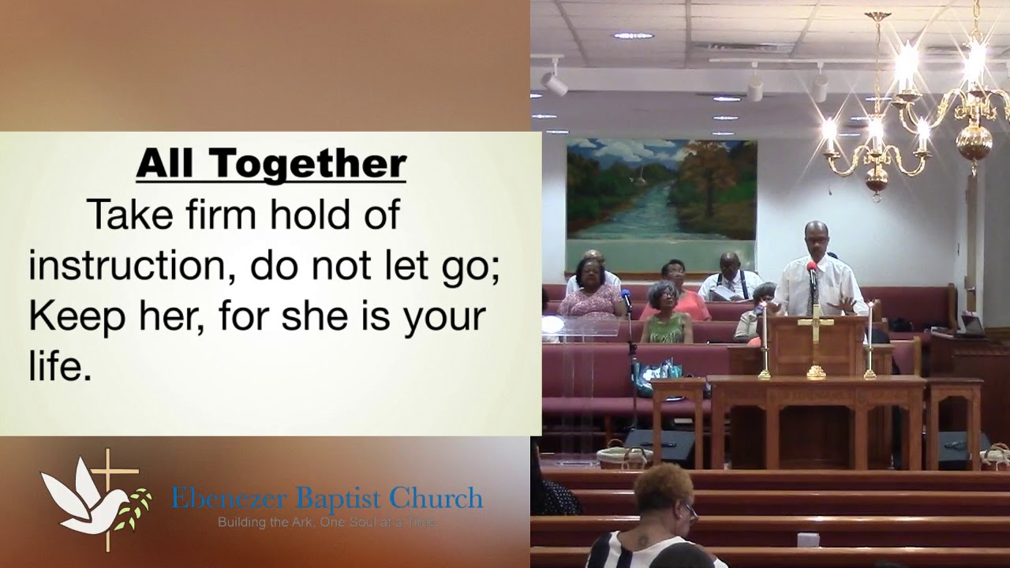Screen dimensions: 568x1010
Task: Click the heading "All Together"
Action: point(271,164)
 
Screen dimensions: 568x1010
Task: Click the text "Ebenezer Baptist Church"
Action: point(327,499)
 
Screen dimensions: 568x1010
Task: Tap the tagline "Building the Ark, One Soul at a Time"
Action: point(327,522)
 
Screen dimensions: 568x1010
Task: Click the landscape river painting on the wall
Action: point(661,189)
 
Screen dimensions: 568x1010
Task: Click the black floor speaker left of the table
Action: point(660,447)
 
